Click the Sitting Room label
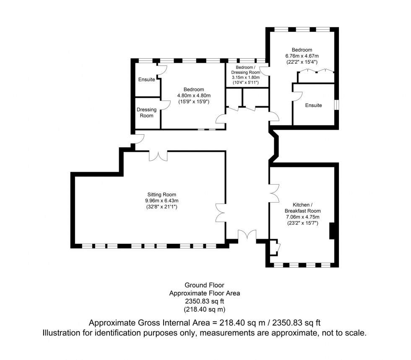pyautogui.click(x=161, y=194)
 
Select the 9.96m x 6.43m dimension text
pyautogui.click(x=161, y=201)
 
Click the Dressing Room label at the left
pyautogui.click(x=146, y=112)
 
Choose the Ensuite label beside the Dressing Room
pyautogui.click(x=146, y=79)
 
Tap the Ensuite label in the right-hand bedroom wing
pyautogui.click(x=313, y=105)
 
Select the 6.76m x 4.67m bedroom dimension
pyautogui.click(x=302, y=56)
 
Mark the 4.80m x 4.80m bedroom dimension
pyautogui.click(x=193, y=96)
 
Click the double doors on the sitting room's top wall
pyautogui.click(x=159, y=156)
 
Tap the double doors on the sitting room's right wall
pyautogui.click(x=221, y=212)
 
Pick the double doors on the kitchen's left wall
pyautogui.click(x=274, y=194)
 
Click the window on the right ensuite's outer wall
pyautogui.click(x=336, y=104)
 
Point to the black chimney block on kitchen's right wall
pyautogui.click(x=332, y=231)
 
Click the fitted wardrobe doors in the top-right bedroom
pyautogui.click(x=316, y=71)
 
